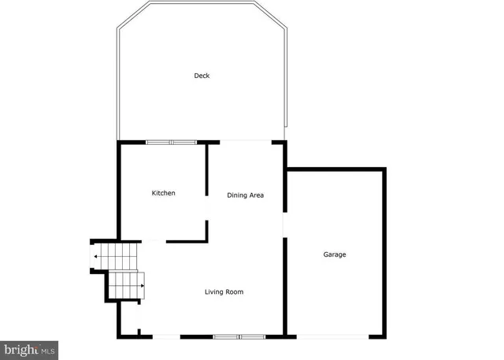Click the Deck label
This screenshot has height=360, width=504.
point(202,76)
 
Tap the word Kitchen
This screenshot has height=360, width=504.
point(164,193)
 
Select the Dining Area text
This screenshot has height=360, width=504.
point(245,195)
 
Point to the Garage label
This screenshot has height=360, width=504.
point(335,254)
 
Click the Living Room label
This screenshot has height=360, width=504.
point(224,292)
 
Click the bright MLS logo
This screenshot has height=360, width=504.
point(29,348)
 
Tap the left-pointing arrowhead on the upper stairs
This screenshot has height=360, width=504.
point(96,257)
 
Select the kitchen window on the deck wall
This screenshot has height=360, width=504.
point(172,143)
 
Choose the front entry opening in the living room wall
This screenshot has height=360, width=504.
point(165,337)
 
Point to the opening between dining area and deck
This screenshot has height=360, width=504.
point(245,142)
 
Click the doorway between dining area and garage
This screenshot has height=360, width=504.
point(285,225)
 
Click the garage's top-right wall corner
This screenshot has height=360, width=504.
point(384,169)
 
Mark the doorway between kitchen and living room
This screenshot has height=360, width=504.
point(154,240)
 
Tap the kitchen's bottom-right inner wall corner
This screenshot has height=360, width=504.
point(206,239)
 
